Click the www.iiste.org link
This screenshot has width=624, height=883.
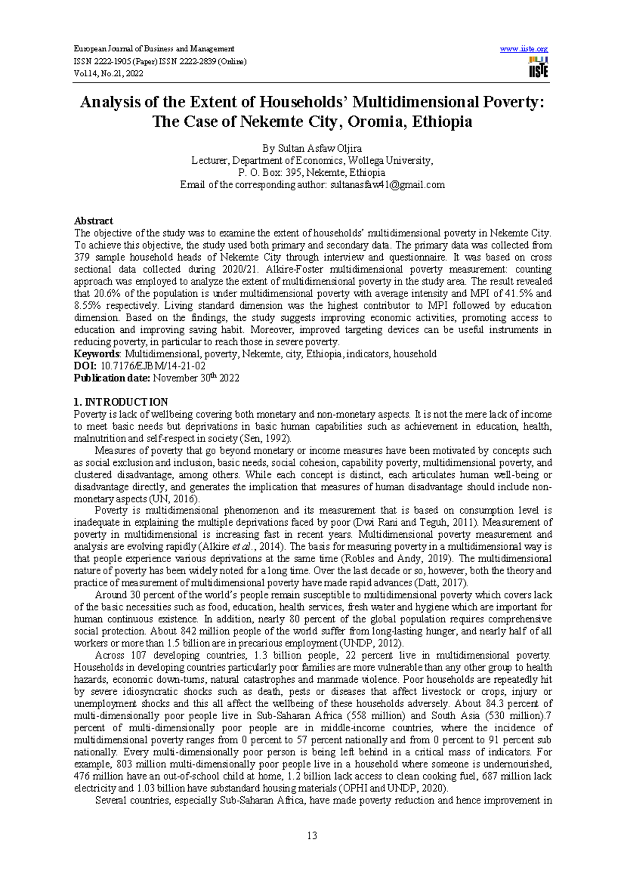pyautogui.click(x=524, y=49)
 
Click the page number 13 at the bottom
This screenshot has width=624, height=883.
pyautogui.click(x=312, y=836)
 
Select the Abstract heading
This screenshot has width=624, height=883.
pyautogui.click(x=94, y=220)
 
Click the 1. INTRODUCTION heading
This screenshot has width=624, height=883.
pyautogui.click(x=121, y=402)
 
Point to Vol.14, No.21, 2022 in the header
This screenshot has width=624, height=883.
pyautogui.click(x=108, y=73)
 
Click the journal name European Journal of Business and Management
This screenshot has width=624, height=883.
pyautogui.click(x=154, y=49)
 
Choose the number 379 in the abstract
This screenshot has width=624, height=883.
pyautogui.click(x=82, y=257)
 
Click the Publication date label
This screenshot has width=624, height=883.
pyautogui.click(x=112, y=379)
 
